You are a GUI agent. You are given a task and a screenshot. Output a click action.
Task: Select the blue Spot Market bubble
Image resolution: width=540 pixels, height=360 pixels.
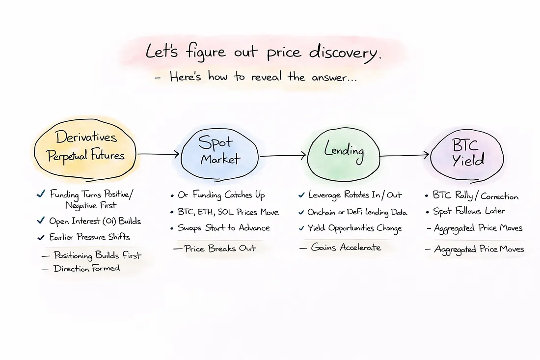click(x=219, y=151)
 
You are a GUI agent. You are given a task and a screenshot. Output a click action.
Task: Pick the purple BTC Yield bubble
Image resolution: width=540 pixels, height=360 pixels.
click(x=467, y=152)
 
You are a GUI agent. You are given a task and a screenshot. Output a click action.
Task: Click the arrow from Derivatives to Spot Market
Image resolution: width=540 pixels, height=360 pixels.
click(x=158, y=154)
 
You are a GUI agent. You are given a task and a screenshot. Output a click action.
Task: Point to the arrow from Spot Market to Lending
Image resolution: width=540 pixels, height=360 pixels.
click(x=282, y=157)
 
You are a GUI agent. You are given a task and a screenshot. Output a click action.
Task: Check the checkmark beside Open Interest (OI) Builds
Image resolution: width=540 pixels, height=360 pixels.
click(x=41, y=222)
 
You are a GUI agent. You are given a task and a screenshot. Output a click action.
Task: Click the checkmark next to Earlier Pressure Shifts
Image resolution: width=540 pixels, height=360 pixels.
click(x=41, y=237)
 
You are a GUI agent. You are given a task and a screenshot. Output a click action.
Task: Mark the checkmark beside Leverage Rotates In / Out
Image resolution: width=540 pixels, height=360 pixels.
click(x=301, y=195)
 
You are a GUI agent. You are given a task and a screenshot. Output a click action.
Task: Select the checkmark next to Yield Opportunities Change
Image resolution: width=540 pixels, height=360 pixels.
click(x=301, y=228)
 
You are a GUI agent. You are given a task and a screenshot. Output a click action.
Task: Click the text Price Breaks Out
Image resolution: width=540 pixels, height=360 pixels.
click(x=220, y=248)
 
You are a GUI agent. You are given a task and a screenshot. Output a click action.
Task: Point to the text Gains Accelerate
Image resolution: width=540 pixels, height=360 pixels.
click(x=346, y=248)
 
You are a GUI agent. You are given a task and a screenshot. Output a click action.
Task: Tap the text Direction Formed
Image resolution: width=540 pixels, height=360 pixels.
click(x=87, y=268)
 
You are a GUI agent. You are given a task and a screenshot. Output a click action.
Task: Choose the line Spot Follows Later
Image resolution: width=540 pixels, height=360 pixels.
click(x=469, y=212)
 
